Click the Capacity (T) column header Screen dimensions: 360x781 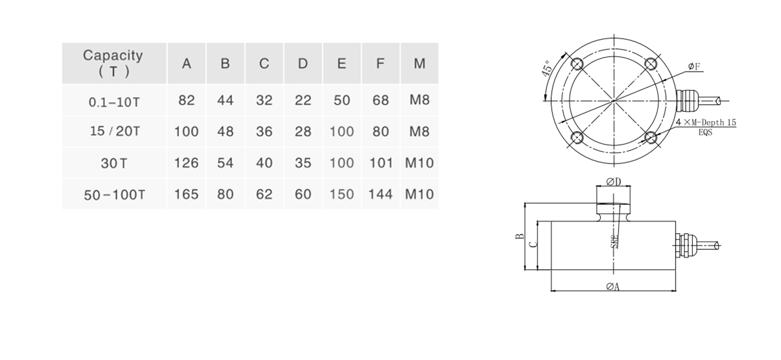113,63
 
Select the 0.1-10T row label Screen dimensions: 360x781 113,101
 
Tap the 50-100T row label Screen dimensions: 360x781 113,194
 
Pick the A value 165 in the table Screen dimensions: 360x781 186,194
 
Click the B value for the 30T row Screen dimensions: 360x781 225,163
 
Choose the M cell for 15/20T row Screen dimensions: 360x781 419,132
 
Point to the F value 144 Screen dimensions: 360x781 380,194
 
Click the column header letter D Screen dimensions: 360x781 303,64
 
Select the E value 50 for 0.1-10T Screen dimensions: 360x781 342,100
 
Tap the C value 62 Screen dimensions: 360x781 264,194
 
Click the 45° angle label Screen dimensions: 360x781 548,68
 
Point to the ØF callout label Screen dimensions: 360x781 694,66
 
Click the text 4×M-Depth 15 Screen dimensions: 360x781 706,122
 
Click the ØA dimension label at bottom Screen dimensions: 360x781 613,287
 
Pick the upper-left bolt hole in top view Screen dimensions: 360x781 576,64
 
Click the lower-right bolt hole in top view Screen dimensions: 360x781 652,138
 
